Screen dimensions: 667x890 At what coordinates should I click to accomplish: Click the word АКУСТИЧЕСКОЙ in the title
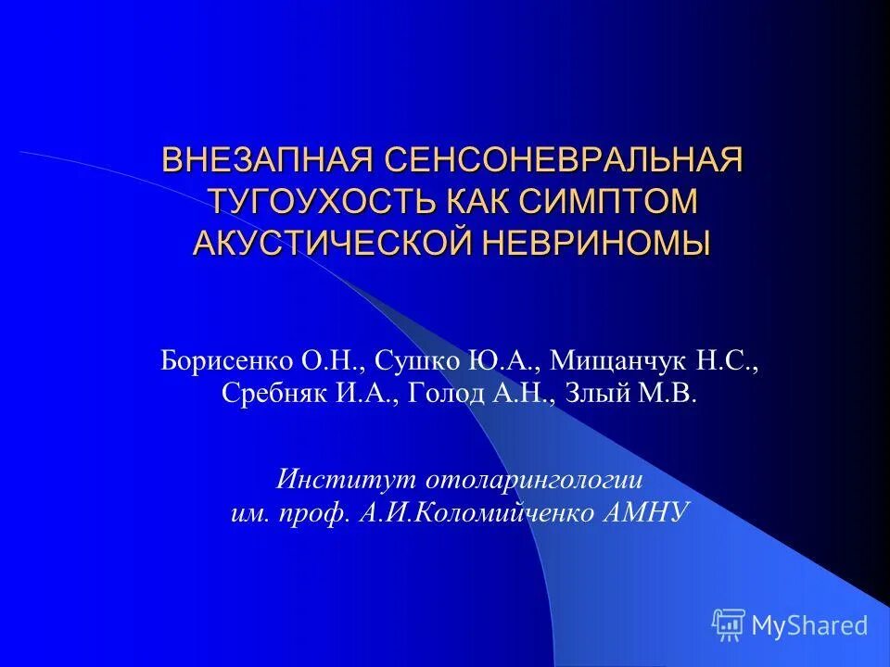pos(335,243)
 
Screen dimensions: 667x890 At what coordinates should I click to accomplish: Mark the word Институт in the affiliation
pos(343,481)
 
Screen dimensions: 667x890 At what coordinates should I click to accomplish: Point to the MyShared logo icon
pos(729,625)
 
